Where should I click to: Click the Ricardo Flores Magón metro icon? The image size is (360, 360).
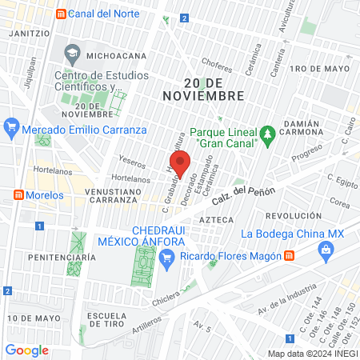coord(288,256)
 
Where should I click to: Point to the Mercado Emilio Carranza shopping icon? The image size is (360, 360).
coord(11,127)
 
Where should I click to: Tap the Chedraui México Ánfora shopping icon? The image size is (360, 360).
coord(166,256)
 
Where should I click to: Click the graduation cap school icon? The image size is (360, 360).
coord(72,54)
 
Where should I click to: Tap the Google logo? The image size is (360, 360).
coord(26,350)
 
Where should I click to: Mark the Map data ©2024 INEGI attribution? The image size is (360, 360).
coord(311,353)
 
